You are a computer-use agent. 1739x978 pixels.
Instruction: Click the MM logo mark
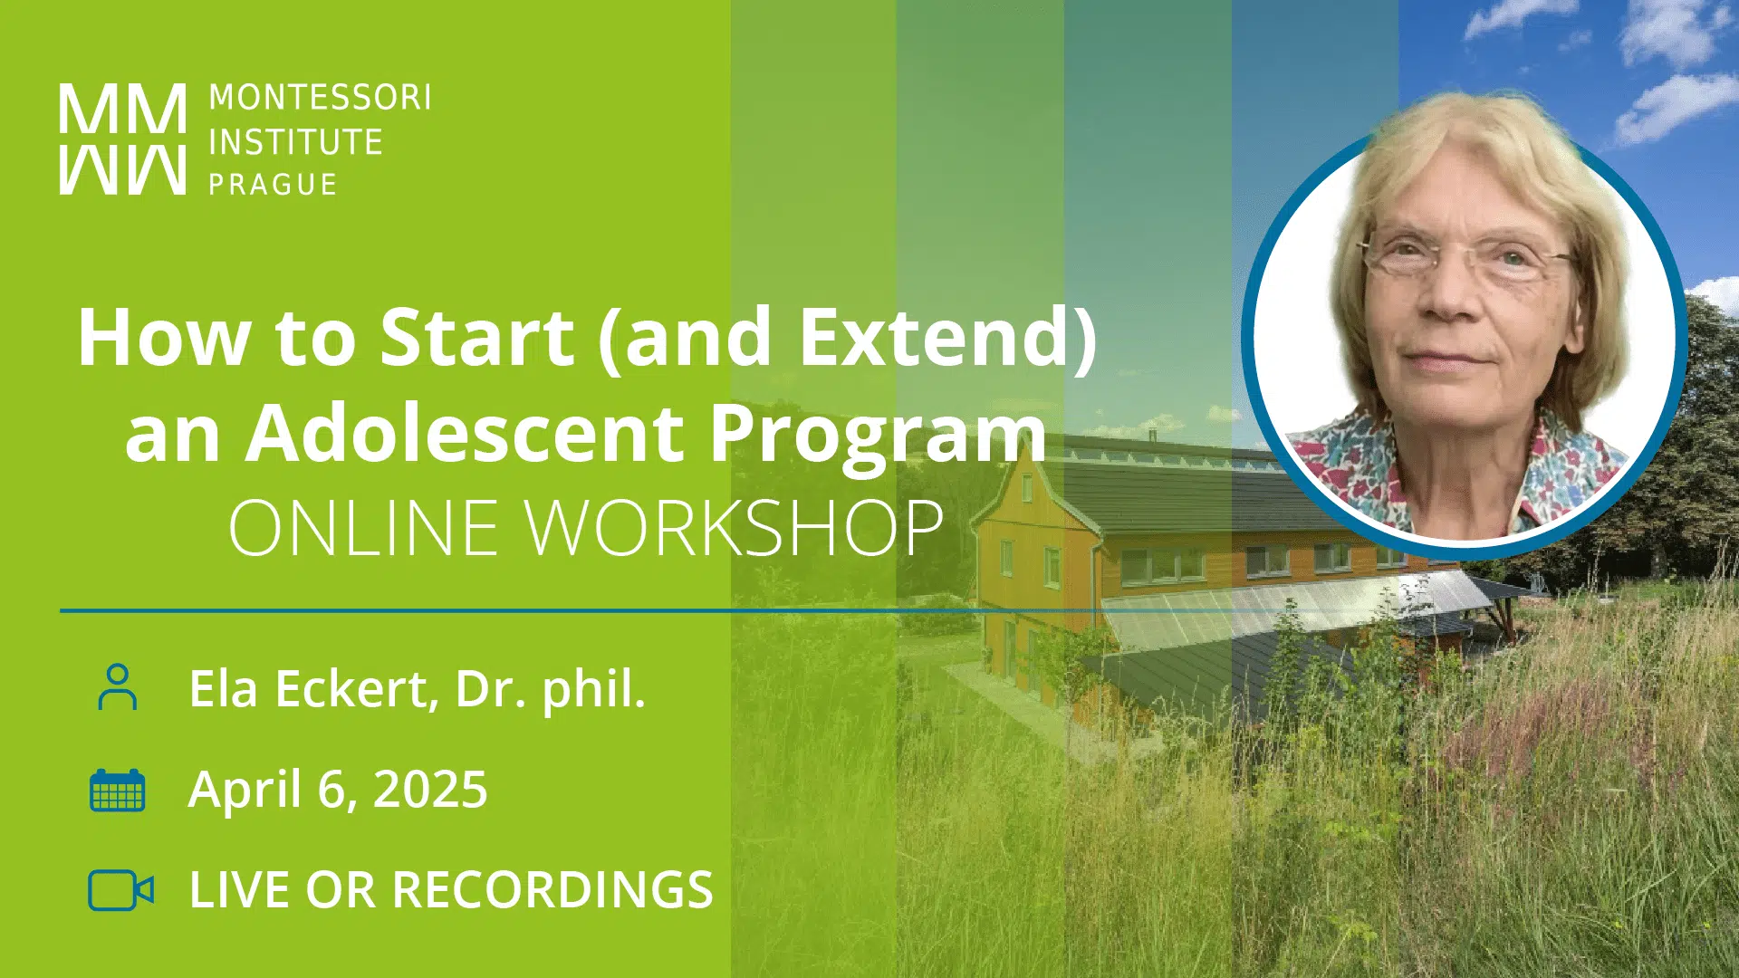tap(123, 139)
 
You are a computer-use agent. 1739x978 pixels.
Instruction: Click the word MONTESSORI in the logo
tap(320, 98)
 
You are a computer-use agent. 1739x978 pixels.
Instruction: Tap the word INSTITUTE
tap(296, 142)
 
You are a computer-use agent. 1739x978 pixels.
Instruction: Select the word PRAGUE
tap(273, 185)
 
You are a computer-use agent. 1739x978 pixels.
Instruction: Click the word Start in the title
tap(476, 337)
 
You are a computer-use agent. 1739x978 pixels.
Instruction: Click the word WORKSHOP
tap(735, 528)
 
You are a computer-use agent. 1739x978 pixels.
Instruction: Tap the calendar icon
tap(118, 790)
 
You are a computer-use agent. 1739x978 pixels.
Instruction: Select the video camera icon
tap(120, 890)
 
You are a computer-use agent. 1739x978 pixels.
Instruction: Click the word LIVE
tap(240, 889)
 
